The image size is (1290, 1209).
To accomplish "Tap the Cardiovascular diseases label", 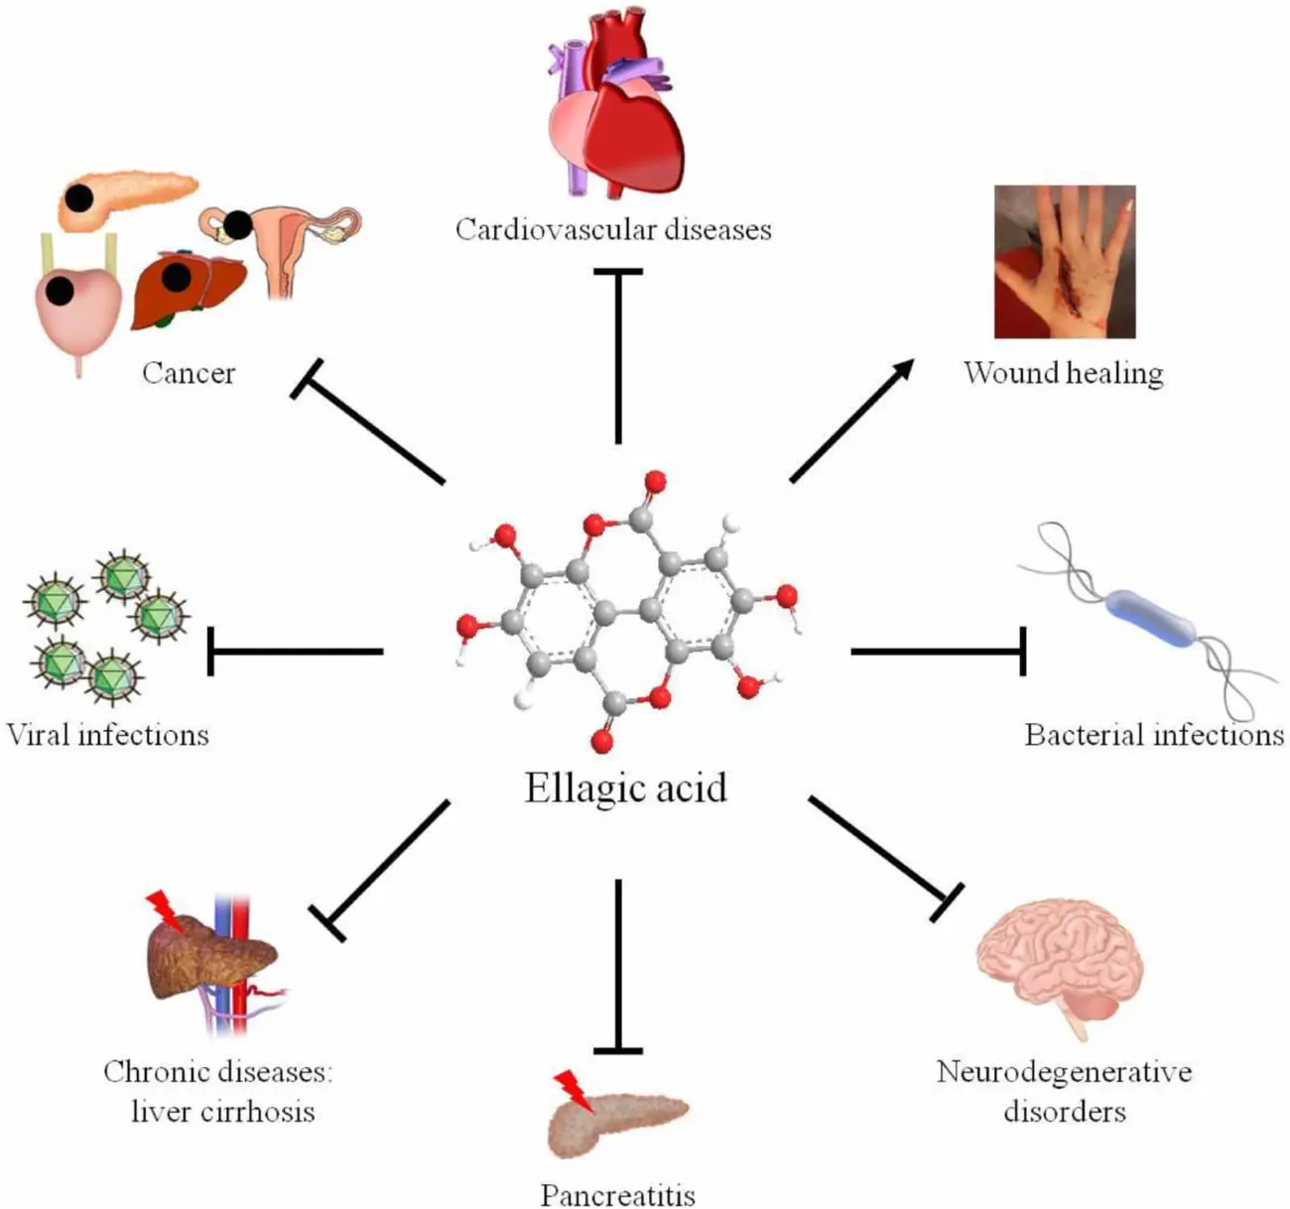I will (x=613, y=229).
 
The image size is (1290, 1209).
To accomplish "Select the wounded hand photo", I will (x=1065, y=262).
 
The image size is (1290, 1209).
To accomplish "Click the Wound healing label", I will (x=1063, y=373).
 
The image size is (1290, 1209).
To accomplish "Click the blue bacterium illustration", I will (x=1151, y=617).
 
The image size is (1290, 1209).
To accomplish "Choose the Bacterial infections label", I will (x=1154, y=735).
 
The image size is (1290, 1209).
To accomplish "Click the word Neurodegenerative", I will (x=1064, y=1072).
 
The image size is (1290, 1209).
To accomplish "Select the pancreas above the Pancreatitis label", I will (x=617, y=1125).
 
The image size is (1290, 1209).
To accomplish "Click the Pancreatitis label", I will (x=617, y=1194).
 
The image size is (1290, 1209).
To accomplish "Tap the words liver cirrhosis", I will (x=223, y=1110).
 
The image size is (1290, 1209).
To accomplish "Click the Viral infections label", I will (x=107, y=735).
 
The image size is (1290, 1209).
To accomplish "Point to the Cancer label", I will (x=189, y=373).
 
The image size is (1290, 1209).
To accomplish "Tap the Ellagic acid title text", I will (x=625, y=788).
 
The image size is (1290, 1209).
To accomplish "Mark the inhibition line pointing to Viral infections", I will (x=296, y=652).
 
